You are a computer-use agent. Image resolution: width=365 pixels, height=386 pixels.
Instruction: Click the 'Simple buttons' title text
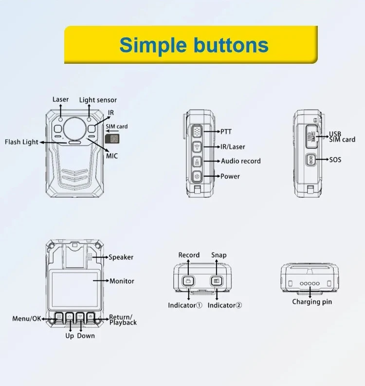point(194,46)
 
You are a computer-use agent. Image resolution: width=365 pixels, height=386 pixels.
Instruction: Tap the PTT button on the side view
point(197,131)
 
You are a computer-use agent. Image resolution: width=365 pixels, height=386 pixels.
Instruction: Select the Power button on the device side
point(197,176)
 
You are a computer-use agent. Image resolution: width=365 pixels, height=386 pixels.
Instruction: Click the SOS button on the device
point(310,160)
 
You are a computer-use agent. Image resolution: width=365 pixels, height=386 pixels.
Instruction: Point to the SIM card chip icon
point(112,139)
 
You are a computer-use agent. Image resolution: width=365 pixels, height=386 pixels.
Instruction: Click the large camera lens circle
point(75,129)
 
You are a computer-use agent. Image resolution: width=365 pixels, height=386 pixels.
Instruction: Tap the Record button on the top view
point(188,281)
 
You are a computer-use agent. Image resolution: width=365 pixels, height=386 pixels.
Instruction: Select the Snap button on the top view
point(217,281)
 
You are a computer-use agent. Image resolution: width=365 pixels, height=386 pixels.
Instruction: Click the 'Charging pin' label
point(312,302)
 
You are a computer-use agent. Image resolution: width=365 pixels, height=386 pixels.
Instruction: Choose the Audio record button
point(197,162)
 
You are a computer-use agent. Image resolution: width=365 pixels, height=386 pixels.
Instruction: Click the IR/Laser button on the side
point(197,147)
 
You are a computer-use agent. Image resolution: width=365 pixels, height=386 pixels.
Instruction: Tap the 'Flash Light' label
point(22,142)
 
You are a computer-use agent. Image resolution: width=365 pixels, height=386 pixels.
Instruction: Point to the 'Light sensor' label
point(98,100)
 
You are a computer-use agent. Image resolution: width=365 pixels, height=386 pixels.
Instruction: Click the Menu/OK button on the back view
point(59,317)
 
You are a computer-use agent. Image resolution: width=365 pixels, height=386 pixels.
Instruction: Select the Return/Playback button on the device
point(91,317)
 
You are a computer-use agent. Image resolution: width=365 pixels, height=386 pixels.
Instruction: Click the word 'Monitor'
point(122,281)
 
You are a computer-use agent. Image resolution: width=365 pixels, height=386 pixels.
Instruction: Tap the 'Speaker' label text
point(121,257)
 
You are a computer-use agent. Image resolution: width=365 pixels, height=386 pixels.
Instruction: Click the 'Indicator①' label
point(185,306)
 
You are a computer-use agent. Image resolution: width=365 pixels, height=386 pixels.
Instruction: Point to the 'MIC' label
point(112,156)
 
